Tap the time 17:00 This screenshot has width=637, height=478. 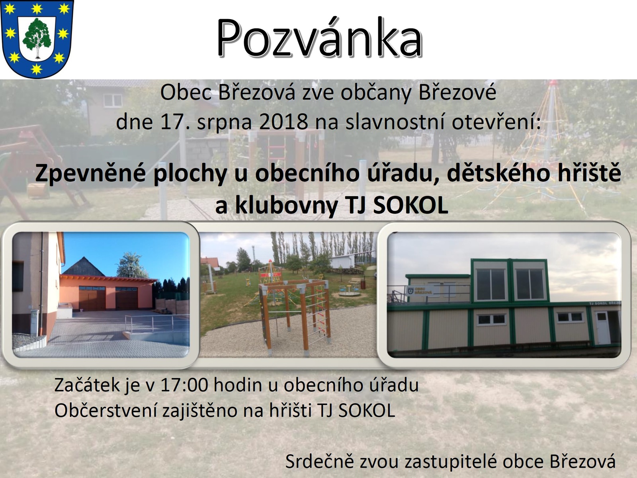[x=184, y=385]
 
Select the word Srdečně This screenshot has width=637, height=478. [x=320, y=461]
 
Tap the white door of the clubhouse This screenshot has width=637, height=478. [x=602, y=328]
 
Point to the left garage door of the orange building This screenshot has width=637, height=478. [x=92, y=299]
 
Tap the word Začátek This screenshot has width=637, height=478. [x=87, y=385]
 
